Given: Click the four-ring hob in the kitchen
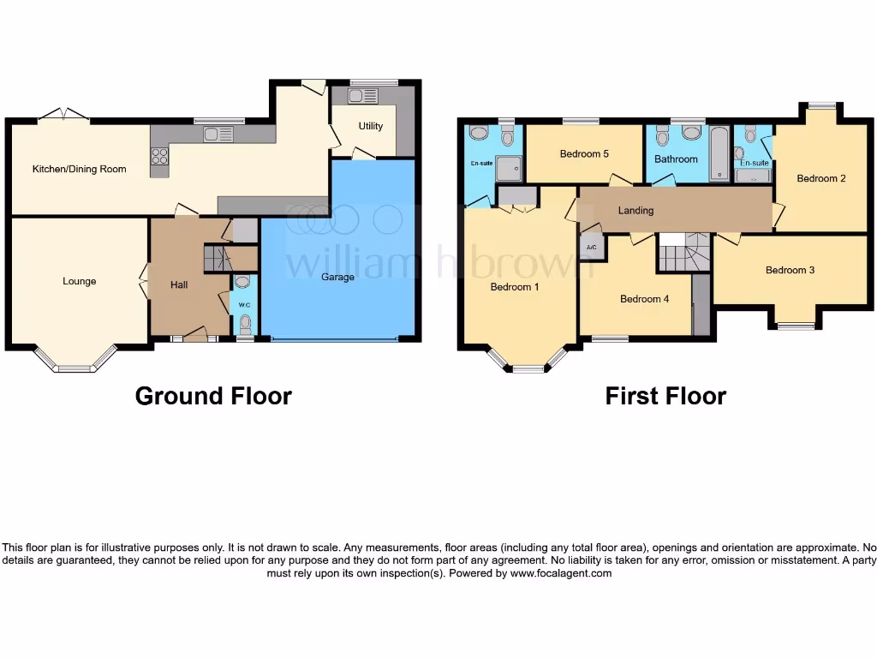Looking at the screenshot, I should point(160,156).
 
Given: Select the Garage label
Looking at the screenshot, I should point(337,277).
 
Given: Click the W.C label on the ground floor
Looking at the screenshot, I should point(244,305).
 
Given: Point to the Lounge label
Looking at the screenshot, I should point(79,281).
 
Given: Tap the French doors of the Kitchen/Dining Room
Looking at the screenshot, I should point(64,114).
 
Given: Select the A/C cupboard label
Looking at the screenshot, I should point(590,247).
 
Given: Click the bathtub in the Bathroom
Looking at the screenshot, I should point(719,155).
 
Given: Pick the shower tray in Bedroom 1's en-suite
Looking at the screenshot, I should point(507,170).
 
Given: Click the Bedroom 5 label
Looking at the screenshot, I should point(584,154).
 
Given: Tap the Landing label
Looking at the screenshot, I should point(635,210).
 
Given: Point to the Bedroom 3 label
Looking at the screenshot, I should point(790,270).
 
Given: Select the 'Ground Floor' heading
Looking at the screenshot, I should point(213,396).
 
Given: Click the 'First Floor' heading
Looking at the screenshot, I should point(665,396).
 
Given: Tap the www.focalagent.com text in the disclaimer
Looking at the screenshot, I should point(561,573).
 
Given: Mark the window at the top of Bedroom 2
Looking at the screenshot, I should point(821,105).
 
